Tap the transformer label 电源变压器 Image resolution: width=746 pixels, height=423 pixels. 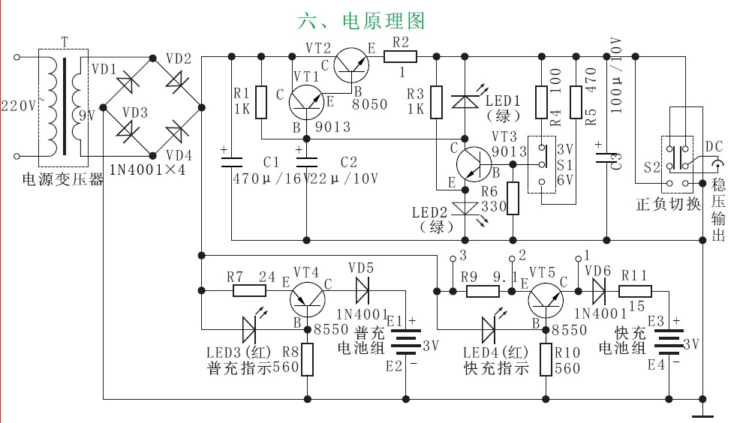click(62, 180)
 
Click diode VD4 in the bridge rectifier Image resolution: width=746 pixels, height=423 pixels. click(177, 133)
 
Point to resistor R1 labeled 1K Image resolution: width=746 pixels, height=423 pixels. click(261, 102)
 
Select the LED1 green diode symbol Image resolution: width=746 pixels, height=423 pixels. click(465, 100)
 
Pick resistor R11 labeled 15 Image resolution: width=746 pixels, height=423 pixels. click(635, 290)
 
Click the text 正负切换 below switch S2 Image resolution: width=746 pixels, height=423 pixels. click(668, 203)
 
